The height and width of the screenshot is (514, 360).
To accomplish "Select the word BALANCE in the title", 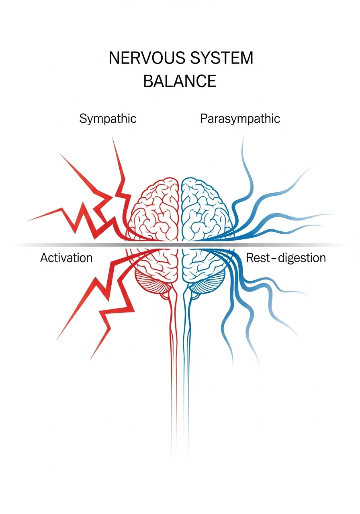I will (x=180, y=82).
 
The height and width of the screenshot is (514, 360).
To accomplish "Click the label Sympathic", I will (x=108, y=119).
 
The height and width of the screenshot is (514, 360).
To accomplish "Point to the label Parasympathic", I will (x=240, y=119).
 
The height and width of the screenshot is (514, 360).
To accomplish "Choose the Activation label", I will (x=66, y=258).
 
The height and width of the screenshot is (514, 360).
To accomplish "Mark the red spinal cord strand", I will (x=173, y=361).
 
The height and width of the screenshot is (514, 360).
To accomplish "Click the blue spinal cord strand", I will (x=186, y=361).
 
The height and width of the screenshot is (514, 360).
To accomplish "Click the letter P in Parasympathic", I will (x=203, y=119).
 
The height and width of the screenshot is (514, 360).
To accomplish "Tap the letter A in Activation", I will (x=44, y=258).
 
